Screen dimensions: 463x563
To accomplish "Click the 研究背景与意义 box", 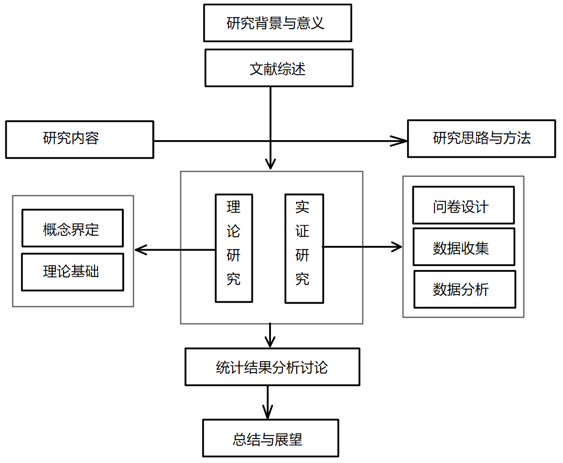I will tap(277, 23).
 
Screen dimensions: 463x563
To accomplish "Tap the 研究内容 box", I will tap(79, 139).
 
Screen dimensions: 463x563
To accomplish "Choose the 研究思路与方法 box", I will tap(481, 139).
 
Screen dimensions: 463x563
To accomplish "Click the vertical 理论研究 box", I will tap(234, 248).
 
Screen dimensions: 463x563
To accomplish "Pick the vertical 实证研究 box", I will tap(304, 248).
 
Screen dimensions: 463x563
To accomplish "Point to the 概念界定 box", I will tap(72, 228).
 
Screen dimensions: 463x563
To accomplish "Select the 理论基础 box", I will tap(72, 272).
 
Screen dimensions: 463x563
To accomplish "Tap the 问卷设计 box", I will tap(463, 205).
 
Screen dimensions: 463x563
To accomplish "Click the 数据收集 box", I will tap(464, 247).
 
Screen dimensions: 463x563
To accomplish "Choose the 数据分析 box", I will tap(464, 289).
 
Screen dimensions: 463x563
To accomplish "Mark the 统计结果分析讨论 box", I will tap(272, 367).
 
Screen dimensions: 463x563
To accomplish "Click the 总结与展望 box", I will tap(271, 438).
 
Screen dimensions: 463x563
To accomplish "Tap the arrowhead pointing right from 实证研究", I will tap(398, 247).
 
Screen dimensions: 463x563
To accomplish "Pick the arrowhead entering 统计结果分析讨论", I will tap(270, 342).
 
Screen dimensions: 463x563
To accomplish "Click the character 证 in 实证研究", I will tap(302, 232).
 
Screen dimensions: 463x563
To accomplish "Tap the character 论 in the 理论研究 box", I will tap(233, 232).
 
